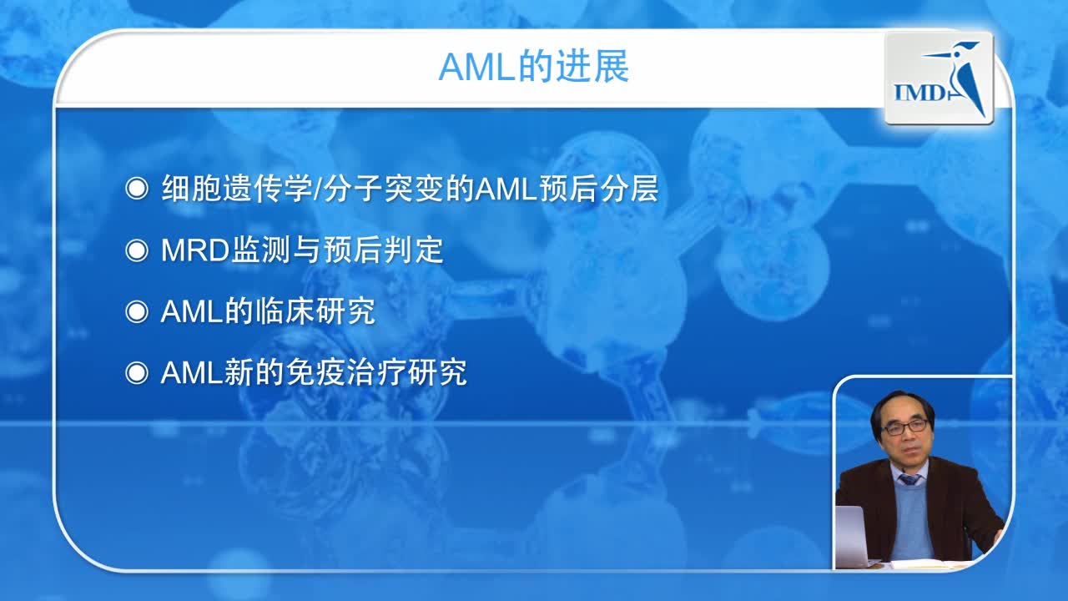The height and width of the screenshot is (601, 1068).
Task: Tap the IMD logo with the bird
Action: click(939, 78)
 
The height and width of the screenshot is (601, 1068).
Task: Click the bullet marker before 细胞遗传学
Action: click(136, 189)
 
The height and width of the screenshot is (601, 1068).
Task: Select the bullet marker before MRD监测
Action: click(136, 250)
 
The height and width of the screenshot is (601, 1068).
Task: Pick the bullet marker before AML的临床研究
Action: click(136, 312)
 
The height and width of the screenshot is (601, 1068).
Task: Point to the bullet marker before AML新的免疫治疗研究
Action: click(136, 373)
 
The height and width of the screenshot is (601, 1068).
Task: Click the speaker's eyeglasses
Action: click(904, 427)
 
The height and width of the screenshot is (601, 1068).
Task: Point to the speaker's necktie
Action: click(909, 479)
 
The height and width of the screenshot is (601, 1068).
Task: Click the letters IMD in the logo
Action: click(918, 91)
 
